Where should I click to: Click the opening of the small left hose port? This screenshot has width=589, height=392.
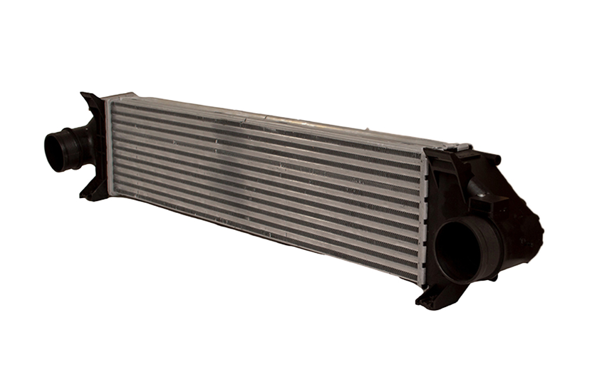click(x=56, y=151)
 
